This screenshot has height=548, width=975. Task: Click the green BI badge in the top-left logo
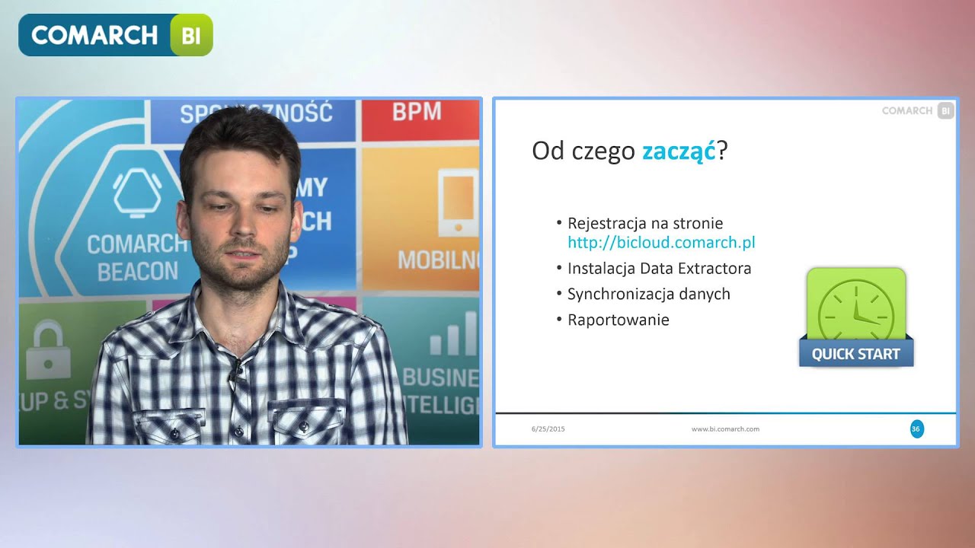pyautogui.click(x=191, y=35)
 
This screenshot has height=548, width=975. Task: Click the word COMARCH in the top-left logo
pyautogui.click(x=94, y=35)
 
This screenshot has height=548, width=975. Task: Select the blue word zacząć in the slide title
pyautogui.click(x=679, y=151)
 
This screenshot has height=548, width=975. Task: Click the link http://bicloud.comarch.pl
pyautogui.click(x=661, y=243)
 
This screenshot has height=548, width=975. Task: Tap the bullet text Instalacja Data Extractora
pyautogui.click(x=659, y=269)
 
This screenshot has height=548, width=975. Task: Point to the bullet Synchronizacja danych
pyautogui.click(x=648, y=294)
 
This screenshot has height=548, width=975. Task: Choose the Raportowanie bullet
pyautogui.click(x=618, y=320)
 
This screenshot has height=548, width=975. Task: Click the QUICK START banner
pyautogui.click(x=855, y=354)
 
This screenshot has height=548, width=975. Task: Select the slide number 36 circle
pyautogui.click(x=916, y=429)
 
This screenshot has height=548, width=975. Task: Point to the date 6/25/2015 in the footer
pyautogui.click(x=548, y=429)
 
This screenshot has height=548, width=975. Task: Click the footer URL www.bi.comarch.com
pyautogui.click(x=725, y=429)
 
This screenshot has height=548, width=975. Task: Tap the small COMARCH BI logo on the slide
pyautogui.click(x=917, y=110)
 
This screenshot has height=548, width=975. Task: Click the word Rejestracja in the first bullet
pyautogui.click(x=602, y=223)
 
